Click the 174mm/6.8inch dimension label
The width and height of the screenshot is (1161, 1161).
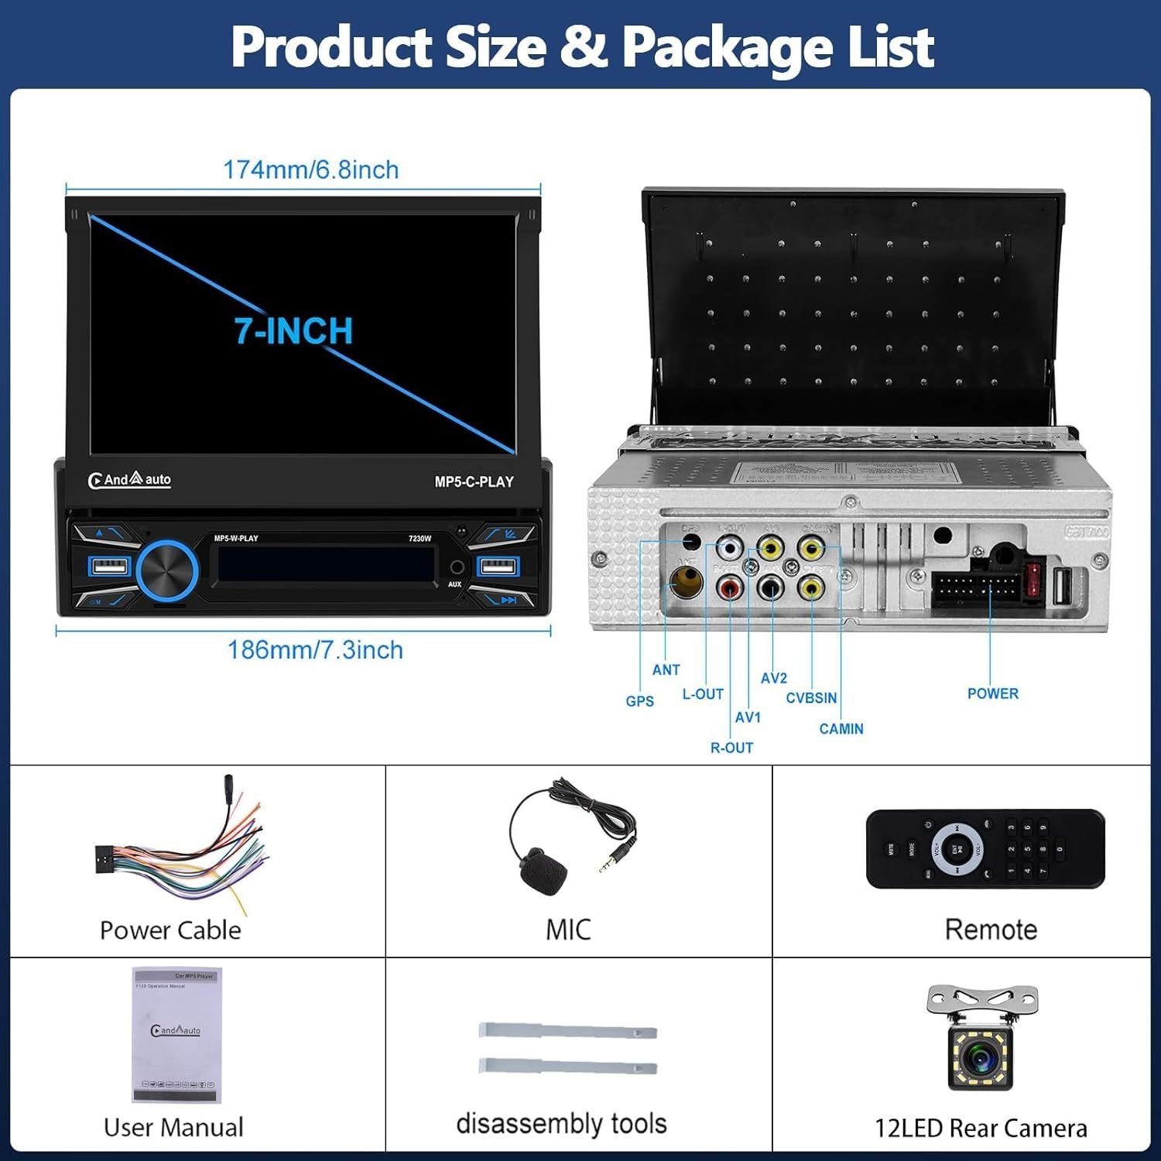click(310, 170)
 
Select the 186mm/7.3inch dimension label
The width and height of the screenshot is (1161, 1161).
click(315, 649)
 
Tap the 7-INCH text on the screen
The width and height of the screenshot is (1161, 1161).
click(294, 331)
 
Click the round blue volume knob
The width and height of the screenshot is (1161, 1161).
click(167, 571)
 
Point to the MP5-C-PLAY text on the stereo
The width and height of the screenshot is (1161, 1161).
click(474, 481)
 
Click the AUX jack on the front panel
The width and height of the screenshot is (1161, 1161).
click(457, 568)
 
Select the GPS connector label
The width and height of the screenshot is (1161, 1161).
click(639, 701)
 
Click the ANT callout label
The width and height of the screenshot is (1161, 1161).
click(666, 670)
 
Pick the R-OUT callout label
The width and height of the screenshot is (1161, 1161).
click(731, 748)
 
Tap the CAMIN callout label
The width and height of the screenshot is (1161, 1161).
click(841, 728)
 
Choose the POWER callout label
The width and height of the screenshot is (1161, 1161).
click(992, 694)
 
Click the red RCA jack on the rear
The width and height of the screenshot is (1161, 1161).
click(730, 588)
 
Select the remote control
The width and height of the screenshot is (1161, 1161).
click(985, 848)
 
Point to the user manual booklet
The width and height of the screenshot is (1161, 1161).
click(176, 1034)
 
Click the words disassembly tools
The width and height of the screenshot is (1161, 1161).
click(561, 1123)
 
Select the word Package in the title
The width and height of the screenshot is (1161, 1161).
click(728, 47)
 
